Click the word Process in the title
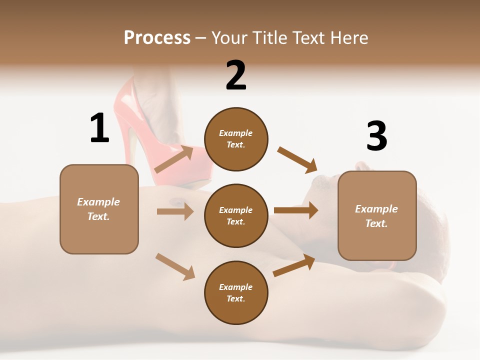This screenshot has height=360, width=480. (x=157, y=38)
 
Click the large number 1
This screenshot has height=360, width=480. (x=99, y=128)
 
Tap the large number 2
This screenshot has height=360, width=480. (x=235, y=75)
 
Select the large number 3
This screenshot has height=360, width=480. (x=376, y=136)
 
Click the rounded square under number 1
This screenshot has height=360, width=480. (x=99, y=209)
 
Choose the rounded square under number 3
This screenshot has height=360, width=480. (x=377, y=216)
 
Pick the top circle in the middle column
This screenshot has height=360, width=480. (x=236, y=139)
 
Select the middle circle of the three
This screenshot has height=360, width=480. (x=236, y=216)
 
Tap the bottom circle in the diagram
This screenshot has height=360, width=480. (x=236, y=293)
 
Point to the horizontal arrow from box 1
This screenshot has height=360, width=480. (x=174, y=211)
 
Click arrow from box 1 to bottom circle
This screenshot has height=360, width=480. (x=174, y=266)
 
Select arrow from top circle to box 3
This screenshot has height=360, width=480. (x=297, y=160)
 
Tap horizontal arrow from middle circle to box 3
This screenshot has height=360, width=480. (x=295, y=210)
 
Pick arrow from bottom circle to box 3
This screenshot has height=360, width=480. (x=294, y=265)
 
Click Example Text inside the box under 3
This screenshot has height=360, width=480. (x=376, y=216)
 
